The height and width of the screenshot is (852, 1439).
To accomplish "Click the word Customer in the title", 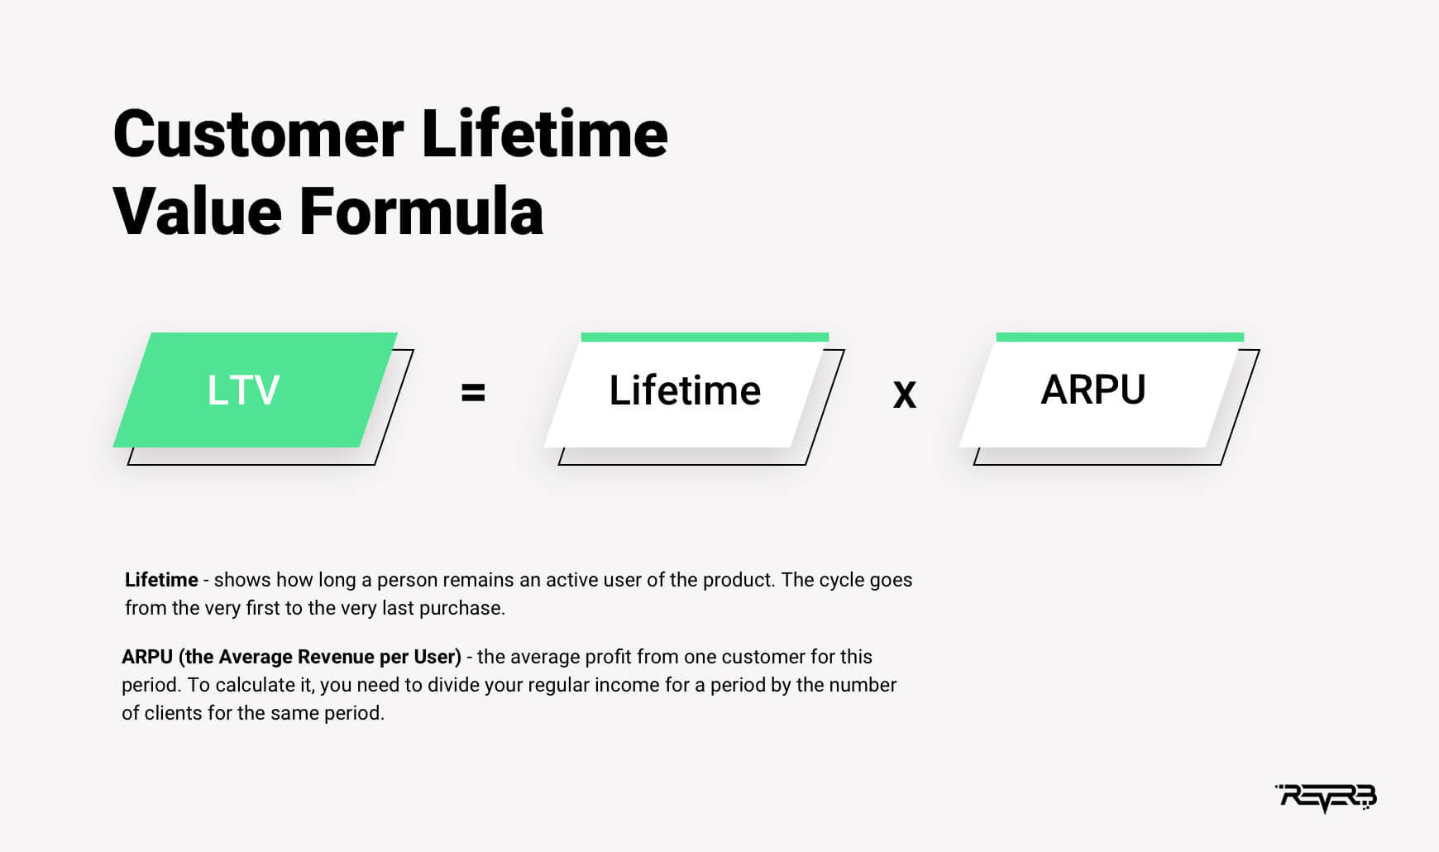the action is point(259,134).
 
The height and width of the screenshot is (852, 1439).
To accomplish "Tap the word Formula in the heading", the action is point(421,211).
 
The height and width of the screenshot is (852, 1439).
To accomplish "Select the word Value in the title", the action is point(198,211).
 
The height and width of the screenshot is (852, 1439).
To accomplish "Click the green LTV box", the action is point(256,390).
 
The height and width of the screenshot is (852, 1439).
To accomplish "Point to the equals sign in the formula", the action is point(473,392).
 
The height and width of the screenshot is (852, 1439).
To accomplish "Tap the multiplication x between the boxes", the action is point(905,394).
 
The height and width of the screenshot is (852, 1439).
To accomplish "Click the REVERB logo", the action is point(1326,797).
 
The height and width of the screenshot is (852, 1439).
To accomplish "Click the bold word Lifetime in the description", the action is point(161,580).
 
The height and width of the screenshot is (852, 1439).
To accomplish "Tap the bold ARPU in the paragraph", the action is point(147,657).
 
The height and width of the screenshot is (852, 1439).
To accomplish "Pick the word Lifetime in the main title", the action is point(544,134).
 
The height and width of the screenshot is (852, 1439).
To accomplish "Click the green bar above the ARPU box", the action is point(1120,337).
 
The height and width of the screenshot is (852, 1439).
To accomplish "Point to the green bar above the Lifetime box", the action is point(705,337).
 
